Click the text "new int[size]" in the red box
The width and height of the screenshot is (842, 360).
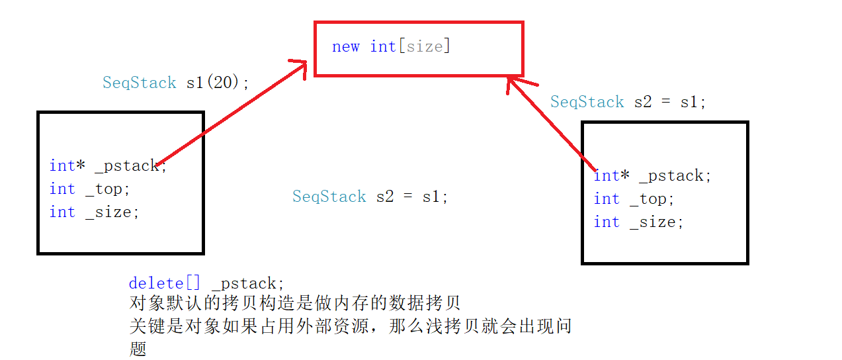(x=390, y=46)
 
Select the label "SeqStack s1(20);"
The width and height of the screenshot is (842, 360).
(x=176, y=83)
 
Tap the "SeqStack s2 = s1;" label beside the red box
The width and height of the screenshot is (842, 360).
(x=628, y=102)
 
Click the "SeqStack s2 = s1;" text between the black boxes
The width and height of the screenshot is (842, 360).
(x=370, y=197)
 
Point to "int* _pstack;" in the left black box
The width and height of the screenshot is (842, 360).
(x=108, y=165)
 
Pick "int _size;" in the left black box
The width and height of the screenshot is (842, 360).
(x=95, y=212)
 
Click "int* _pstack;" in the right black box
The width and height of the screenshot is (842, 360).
(x=652, y=176)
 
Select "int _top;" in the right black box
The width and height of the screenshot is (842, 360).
(x=634, y=199)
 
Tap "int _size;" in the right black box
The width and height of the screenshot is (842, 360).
(x=638, y=222)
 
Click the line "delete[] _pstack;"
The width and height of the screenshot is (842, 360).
(x=206, y=283)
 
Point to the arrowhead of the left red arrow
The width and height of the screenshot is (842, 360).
(x=301, y=66)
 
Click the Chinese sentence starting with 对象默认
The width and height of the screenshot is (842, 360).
(x=294, y=304)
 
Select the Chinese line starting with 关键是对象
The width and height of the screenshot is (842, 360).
(x=350, y=326)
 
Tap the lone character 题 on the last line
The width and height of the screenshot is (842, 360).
(x=138, y=349)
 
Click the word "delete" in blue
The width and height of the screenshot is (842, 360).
(x=156, y=283)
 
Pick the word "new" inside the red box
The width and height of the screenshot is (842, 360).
(x=345, y=46)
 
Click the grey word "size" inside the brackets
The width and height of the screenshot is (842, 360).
(x=424, y=46)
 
